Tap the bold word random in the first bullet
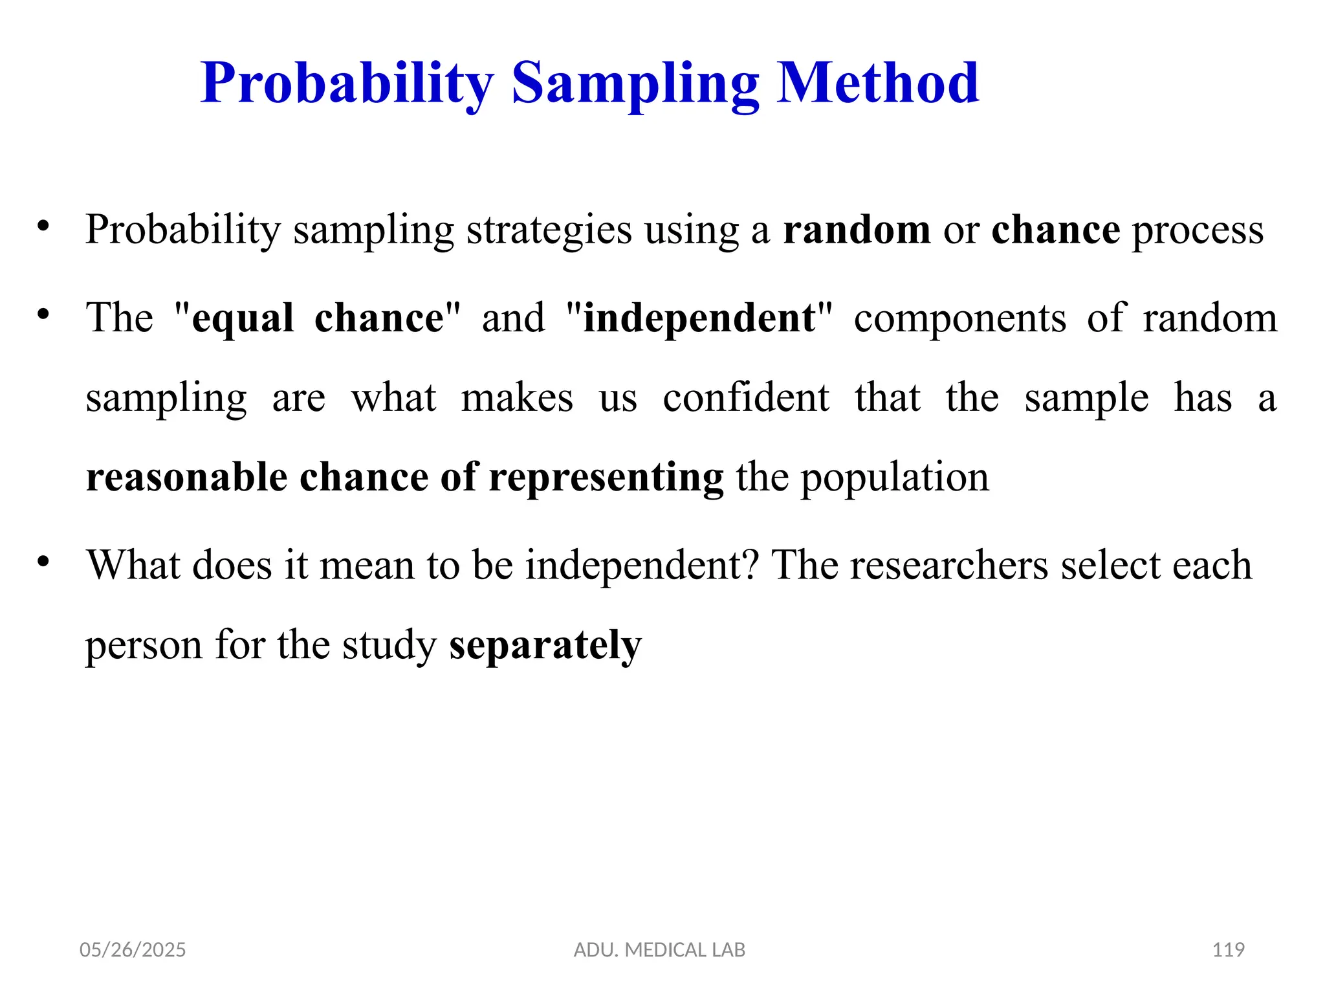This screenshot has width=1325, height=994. (857, 230)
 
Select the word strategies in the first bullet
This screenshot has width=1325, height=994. (549, 231)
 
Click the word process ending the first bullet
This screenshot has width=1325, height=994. (1197, 231)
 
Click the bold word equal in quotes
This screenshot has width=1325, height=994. (243, 320)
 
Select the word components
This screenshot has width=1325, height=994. (959, 320)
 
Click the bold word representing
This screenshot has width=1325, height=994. (606, 479)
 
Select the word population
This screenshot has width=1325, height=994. (895, 479)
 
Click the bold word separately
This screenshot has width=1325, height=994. (545, 646)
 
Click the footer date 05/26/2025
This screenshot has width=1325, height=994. (133, 950)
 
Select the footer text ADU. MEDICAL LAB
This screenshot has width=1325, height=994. (659, 950)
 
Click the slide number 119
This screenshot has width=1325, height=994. (1228, 950)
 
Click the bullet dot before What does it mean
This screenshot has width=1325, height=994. (43, 561)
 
